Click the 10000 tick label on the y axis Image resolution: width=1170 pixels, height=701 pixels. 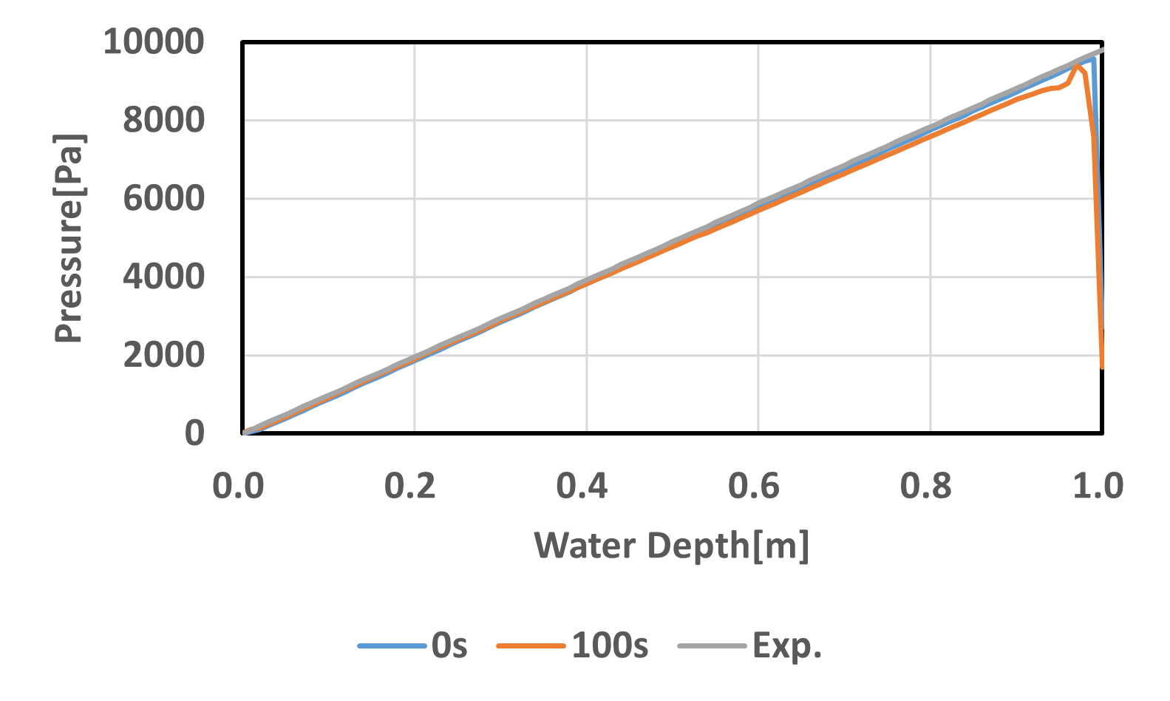[153, 41]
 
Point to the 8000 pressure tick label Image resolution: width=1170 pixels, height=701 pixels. [163, 120]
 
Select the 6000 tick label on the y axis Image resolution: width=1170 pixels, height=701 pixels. [163, 198]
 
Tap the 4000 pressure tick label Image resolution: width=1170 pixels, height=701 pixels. [163, 277]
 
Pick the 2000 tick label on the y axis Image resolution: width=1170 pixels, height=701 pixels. [163, 355]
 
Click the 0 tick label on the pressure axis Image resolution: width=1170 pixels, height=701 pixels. [194, 433]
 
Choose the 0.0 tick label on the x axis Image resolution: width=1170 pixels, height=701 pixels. [238, 486]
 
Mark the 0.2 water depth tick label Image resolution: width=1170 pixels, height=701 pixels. [410, 486]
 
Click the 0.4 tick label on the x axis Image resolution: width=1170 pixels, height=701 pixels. [582, 486]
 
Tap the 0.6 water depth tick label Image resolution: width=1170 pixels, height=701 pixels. [754, 486]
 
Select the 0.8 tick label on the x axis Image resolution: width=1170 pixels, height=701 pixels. [926, 486]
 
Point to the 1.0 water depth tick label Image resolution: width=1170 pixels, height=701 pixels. [1098, 486]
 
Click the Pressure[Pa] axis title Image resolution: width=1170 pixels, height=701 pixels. [69, 238]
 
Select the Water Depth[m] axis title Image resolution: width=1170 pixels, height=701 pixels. [672, 546]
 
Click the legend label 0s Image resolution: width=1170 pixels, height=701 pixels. [449, 646]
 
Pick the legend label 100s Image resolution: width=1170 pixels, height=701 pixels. [610, 646]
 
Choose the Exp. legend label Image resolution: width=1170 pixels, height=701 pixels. [787, 646]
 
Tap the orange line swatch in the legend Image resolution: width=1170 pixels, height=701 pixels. [531, 646]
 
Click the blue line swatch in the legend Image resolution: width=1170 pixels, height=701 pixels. [392, 646]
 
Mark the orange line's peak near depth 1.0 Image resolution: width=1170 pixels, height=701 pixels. [1077, 65]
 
